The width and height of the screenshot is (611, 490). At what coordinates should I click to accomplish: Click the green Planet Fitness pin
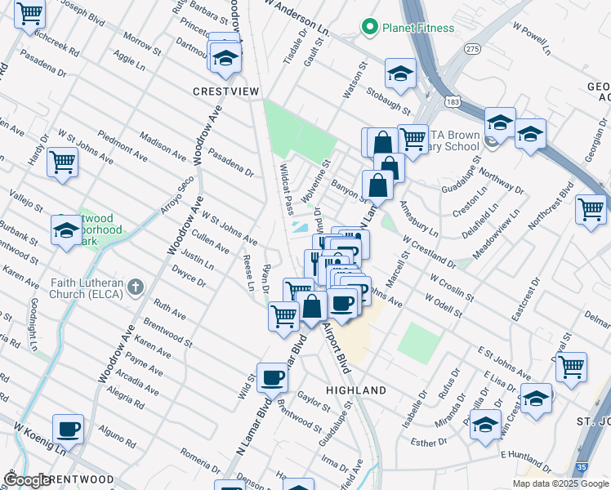click(370, 28)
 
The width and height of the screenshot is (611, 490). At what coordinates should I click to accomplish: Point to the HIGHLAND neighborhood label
click(356, 390)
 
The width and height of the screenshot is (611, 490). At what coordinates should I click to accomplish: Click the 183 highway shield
click(451, 100)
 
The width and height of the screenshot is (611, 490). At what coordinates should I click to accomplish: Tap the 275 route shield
click(473, 72)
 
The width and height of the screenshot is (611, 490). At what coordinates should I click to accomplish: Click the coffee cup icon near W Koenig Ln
click(69, 430)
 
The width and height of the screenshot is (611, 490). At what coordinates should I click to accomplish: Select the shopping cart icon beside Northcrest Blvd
click(591, 209)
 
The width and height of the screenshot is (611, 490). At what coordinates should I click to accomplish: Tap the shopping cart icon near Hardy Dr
click(62, 163)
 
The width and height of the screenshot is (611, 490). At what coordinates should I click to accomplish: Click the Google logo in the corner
click(26, 480)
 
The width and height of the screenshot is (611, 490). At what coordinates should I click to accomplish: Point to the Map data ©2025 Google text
click(560, 483)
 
